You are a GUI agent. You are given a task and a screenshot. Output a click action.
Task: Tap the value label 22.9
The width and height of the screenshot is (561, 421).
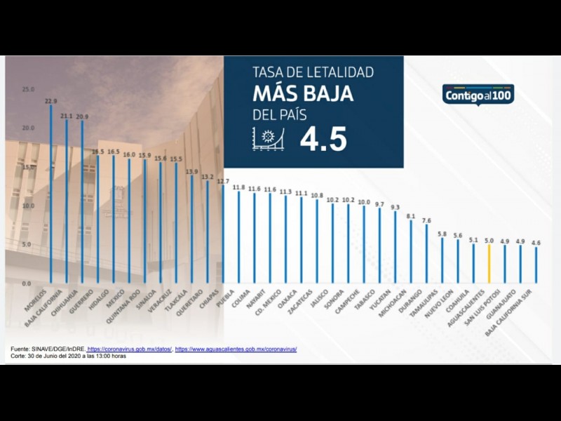click(50, 101)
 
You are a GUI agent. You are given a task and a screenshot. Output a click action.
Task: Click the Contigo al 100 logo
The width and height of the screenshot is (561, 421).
click(478, 95)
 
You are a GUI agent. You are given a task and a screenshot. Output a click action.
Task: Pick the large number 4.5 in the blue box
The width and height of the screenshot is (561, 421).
click(323, 140)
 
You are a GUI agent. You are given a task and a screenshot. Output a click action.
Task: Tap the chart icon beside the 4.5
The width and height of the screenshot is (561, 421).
click(267, 140)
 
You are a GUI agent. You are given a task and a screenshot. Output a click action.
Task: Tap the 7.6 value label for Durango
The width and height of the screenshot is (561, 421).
click(426, 220)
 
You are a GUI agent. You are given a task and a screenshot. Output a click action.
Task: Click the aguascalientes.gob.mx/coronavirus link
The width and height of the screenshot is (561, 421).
click(236, 349)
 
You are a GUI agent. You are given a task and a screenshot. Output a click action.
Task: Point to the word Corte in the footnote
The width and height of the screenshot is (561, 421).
click(18, 356)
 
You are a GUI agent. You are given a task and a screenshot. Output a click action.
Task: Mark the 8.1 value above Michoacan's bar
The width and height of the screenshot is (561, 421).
click(411, 216)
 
